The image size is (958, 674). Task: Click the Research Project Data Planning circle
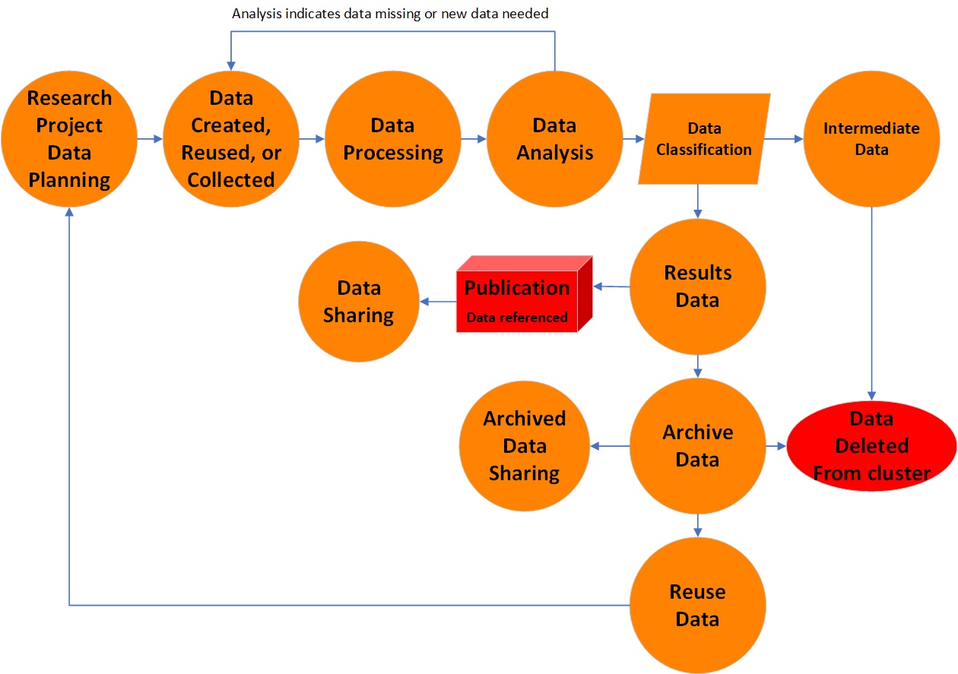[69, 139]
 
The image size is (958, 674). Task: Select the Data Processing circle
[393, 139]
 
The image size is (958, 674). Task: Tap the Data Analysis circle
[555, 139]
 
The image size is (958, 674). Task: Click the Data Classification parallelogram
[704, 139]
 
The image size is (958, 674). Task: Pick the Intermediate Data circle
[871, 139]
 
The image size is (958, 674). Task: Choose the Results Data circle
[697, 286]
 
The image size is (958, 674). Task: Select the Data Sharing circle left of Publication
[359, 301]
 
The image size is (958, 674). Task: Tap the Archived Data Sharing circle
[524, 446]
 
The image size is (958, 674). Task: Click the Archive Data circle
[697, 446]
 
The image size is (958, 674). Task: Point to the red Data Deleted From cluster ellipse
[871, 446]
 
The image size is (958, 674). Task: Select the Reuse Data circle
[697, 606]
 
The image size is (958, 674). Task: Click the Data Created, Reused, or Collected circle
[231, 139]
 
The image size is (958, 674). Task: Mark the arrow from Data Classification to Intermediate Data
[783, 139]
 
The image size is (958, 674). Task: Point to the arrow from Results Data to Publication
[611, 286]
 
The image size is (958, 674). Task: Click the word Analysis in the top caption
[255, 14]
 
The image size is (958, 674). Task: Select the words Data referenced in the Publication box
[517, 318]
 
